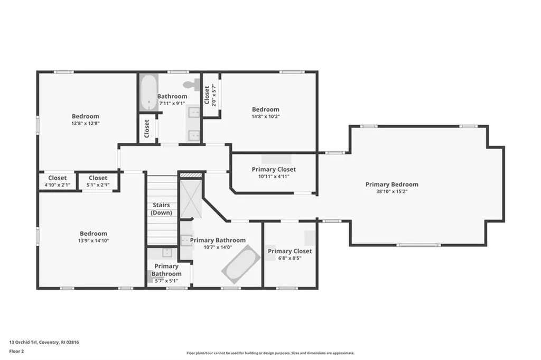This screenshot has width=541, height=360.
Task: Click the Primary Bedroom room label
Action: [x=391, y=184]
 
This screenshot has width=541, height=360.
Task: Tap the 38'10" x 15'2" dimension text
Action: [x=391, y=191]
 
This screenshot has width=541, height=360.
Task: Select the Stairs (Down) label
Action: [x=161, y=209]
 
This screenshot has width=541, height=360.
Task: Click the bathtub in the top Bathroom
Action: [x=148, y=92]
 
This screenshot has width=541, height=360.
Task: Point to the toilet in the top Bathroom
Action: [x=190, y=85]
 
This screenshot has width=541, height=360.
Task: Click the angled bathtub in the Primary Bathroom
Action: [x=240, y=264]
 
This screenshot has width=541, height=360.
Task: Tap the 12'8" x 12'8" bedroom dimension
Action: [x=85, y=123]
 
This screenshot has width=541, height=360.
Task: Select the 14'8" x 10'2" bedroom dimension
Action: [x=265, y=116]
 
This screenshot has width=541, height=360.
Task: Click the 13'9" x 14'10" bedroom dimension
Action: [x=94, y=241]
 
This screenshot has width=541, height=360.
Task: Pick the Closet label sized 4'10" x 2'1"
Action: [x=58, y=178]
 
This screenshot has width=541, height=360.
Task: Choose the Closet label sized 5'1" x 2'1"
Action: [x=98, y=178]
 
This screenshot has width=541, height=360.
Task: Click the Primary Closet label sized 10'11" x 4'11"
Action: [x=274, y=170]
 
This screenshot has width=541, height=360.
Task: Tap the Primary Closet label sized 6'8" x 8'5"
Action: [x=290, y=251]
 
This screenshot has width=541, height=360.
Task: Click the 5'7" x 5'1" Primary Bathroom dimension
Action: [x=166, y=281]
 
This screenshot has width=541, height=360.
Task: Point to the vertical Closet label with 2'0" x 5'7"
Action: [x=207, y=97]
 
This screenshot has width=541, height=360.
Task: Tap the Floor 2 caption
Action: [x=16, y=350]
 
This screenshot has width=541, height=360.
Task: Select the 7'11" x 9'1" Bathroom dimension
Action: [x=172, y=103]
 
